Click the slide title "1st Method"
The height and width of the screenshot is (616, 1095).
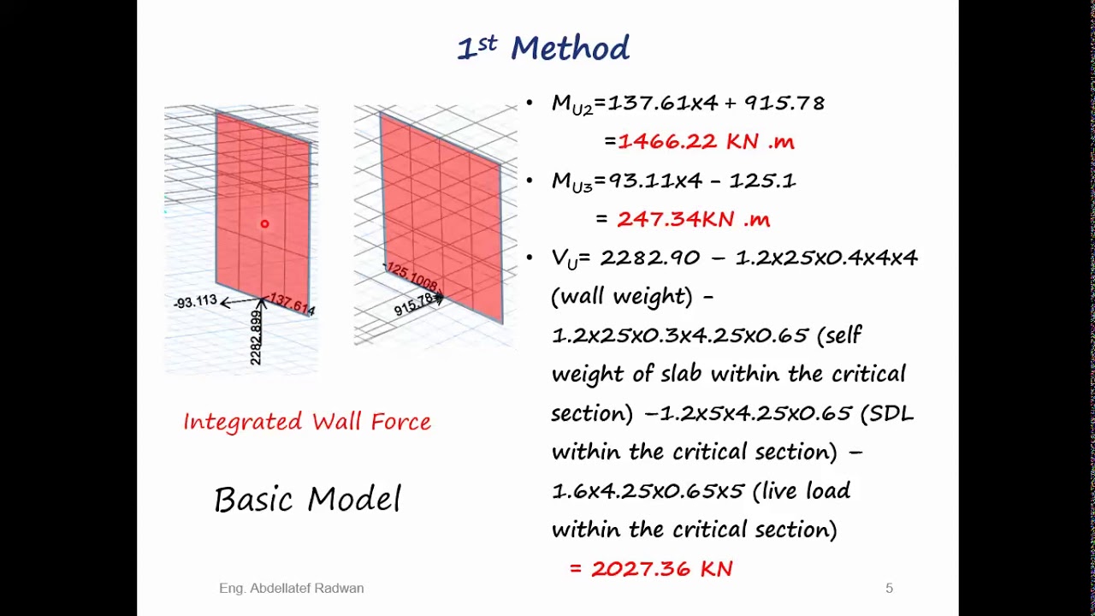pyautogui.click(x=543, y=48)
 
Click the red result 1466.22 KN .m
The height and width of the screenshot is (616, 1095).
pyautogui.click(x=706, y=142)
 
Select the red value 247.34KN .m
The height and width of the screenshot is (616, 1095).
pyautogui.click(x=693, y=219)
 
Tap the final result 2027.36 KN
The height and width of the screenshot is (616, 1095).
pyautogui.click(x=661, y=569)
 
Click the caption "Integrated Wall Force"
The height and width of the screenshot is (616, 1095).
pyautogui.click(x=307, y=422)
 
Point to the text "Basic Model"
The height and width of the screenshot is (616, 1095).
pyautogui.click(x=307, y=500)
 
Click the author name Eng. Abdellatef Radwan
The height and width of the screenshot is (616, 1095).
pyautogui.click(x=291, y=589)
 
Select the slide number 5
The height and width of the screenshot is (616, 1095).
pyautogui.click(x=889, y=589)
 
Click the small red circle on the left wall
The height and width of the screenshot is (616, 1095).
pyautogui.click(x=264, y=224)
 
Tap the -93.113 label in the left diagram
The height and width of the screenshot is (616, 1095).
pyautogui.click(x=195, y=302)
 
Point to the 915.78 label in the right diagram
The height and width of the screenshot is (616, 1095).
pyautogui.click(x=414, y=305)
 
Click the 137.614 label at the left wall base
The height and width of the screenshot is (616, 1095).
pyautogui.click(x=292, y=304)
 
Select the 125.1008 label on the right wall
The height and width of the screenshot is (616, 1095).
pyautogui.click(x=412, y=276)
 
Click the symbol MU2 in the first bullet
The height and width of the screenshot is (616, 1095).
pyautogui.click(x=571, y=104)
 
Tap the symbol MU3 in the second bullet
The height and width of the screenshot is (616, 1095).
pyautogui.click(x=571, y=181)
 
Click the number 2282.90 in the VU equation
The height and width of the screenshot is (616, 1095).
pyautogui.click(x=649, y=258)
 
